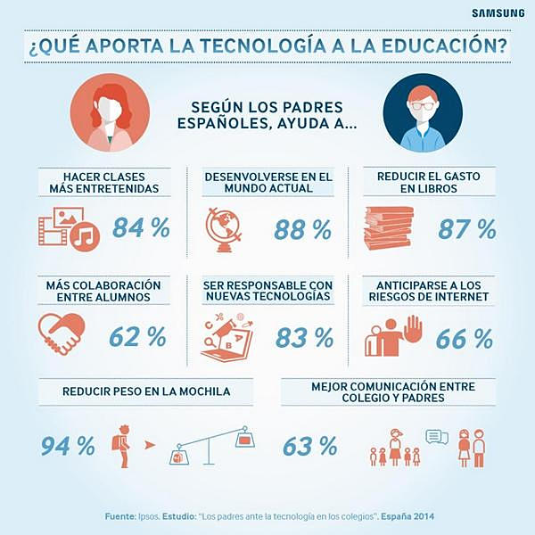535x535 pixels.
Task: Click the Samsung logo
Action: [498, 13]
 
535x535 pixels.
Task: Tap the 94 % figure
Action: [68, 446]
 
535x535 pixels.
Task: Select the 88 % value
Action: [302, 230]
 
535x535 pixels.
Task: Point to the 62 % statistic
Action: [137, 337]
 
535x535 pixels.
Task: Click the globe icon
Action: [224, 229]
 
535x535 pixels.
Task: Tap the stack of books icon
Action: [389, 228]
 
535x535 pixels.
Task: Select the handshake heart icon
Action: [62, 333]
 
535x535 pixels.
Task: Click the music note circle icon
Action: [85, 236]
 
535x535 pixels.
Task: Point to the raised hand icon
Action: [413, 330]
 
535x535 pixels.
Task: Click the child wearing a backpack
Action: [122, 446]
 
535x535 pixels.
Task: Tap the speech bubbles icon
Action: [437, 437]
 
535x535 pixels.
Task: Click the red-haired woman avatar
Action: [110, 113]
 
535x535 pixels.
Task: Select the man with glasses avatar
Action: [423, 113]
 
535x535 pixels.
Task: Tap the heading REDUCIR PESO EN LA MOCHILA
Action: [146, 391]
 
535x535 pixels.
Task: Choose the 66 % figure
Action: [465, 339]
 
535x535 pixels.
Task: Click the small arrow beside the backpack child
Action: [150, 445]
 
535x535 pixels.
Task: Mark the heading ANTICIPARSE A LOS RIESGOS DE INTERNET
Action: [429, 291]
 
